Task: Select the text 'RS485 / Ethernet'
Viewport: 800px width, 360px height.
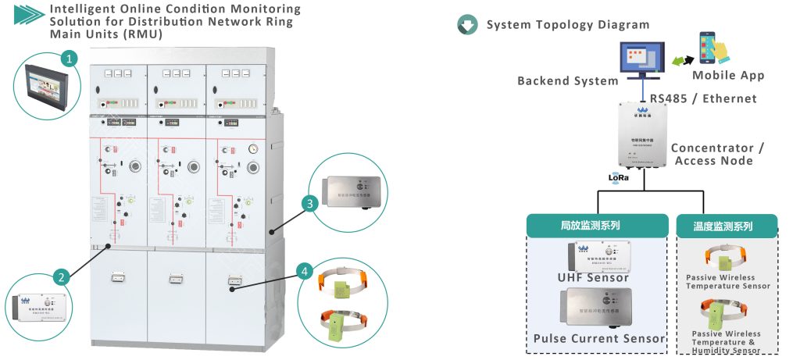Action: tap(703, 98)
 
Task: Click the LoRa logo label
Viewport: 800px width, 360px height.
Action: tap(620, 177)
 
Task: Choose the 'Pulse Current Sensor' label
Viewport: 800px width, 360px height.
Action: tap(598, 338)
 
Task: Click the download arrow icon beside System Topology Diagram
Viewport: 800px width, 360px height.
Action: tap(467, 25)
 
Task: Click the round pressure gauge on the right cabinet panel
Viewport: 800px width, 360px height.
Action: tap(252, 148)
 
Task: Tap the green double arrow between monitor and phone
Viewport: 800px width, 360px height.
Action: tap(678, 61)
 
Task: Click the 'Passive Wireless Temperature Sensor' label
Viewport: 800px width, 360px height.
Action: tap(727, 281)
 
